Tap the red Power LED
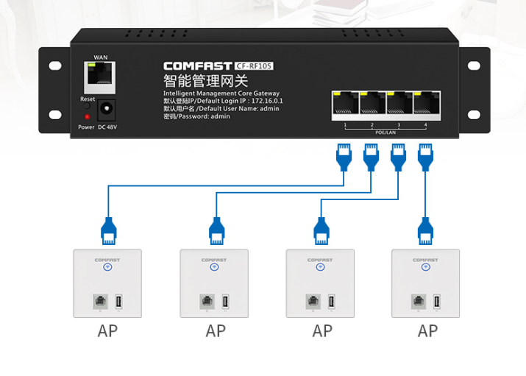coord(87,116)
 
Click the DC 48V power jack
coord(107,110)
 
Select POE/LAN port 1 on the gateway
coord(344,104)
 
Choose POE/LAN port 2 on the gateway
coord(372,104)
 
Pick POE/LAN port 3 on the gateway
coord(398,104)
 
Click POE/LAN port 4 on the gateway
coord(424,104)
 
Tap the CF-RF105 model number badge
coord(255,66)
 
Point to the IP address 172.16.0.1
coord(267,101)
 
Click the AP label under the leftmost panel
coord(107,331)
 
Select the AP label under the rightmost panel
coord(427,331)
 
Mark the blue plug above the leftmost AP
coord(108,231)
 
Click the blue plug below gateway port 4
coord(425,156)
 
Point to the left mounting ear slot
coord(55,66)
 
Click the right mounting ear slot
coord(471,66)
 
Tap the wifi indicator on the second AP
coord(214,267)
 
